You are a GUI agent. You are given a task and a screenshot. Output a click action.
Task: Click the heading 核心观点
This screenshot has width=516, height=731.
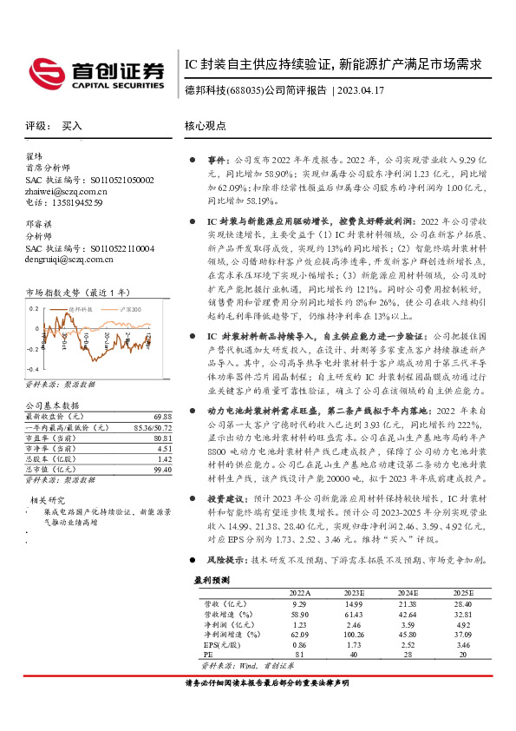[205, 126]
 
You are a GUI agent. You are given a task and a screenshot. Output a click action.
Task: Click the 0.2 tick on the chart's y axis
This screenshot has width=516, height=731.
[35, 308]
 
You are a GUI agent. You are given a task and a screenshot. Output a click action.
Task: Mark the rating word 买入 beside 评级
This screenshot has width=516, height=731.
[72, 126]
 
